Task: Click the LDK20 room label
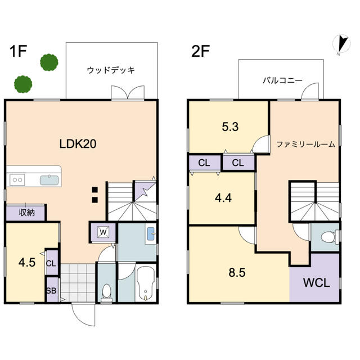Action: (78, 144)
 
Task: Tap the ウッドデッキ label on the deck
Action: (111, 70)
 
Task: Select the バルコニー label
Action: (282, 80)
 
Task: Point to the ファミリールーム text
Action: (305, 144)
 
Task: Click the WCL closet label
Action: (316, 282)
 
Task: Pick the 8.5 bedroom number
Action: (237, 273)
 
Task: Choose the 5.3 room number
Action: (230, 127)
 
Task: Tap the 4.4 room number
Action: (223, 197)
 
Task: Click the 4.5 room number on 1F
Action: (27, 263)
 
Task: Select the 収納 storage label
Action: (26, 213)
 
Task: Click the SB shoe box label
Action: (51, 291)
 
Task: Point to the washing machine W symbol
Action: (103, 232)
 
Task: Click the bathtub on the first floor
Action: (146, 283)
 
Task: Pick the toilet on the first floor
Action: (106, 292)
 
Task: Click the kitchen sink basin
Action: (49, 180)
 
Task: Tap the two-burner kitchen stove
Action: (17, 180)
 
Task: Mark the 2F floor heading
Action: (200, 51)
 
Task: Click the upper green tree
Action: (49, 62)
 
